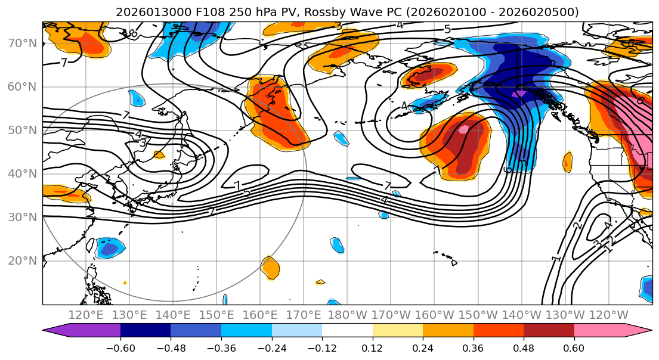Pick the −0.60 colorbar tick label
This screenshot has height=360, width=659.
[x=120, y=349]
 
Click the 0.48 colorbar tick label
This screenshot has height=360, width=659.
[x=524, y=349]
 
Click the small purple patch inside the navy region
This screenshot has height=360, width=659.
[x=520, y=94]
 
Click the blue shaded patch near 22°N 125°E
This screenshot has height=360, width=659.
[x=110, y=247]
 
